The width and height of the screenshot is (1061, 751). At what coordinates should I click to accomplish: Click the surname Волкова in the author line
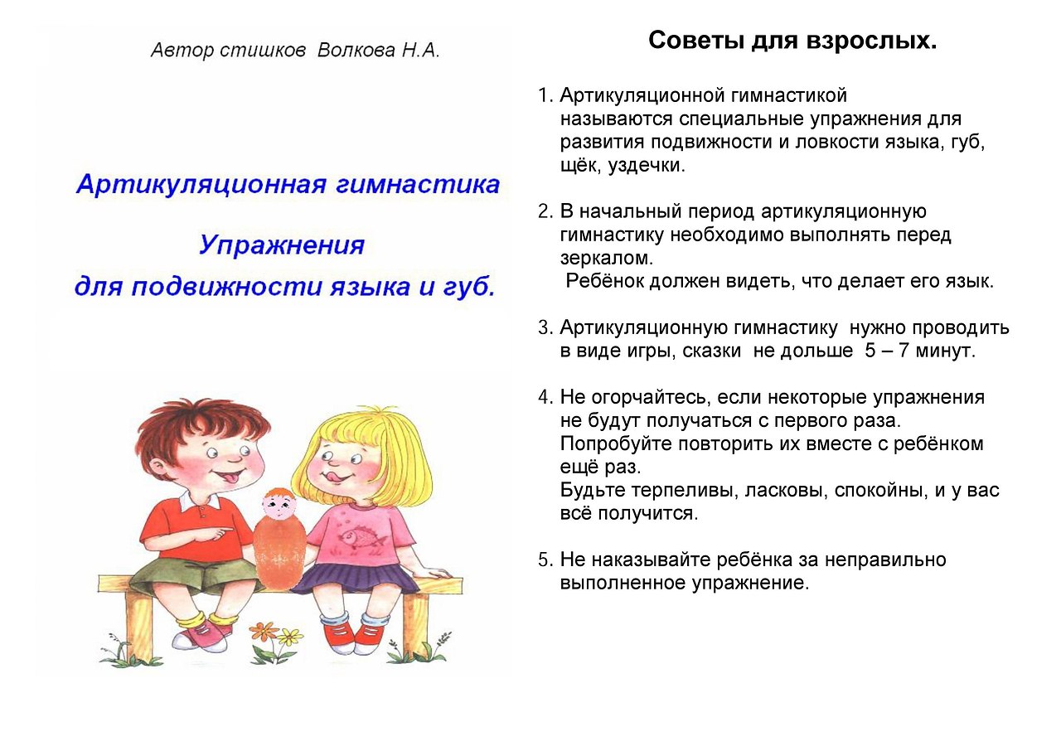click(356, 50)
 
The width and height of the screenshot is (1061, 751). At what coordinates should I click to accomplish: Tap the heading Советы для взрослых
click(792, 41)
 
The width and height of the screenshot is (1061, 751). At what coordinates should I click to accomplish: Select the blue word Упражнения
click(282, 245)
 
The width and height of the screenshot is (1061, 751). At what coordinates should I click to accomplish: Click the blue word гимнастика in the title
click(417, 184)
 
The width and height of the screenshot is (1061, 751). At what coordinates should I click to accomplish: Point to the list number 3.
click(545, 328)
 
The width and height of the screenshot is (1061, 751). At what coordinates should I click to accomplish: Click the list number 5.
click(545, 560)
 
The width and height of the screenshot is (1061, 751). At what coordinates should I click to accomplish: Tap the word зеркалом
click(607, 259)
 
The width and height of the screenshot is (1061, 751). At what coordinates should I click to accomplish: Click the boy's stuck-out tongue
click(230, 482)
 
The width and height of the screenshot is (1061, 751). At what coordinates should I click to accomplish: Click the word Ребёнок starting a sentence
click(604, 282)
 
